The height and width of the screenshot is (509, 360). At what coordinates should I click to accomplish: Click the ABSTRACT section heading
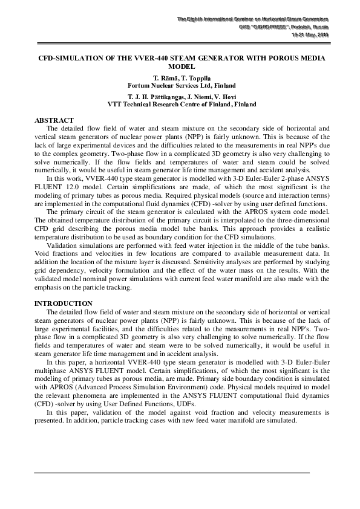pos(54,121)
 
